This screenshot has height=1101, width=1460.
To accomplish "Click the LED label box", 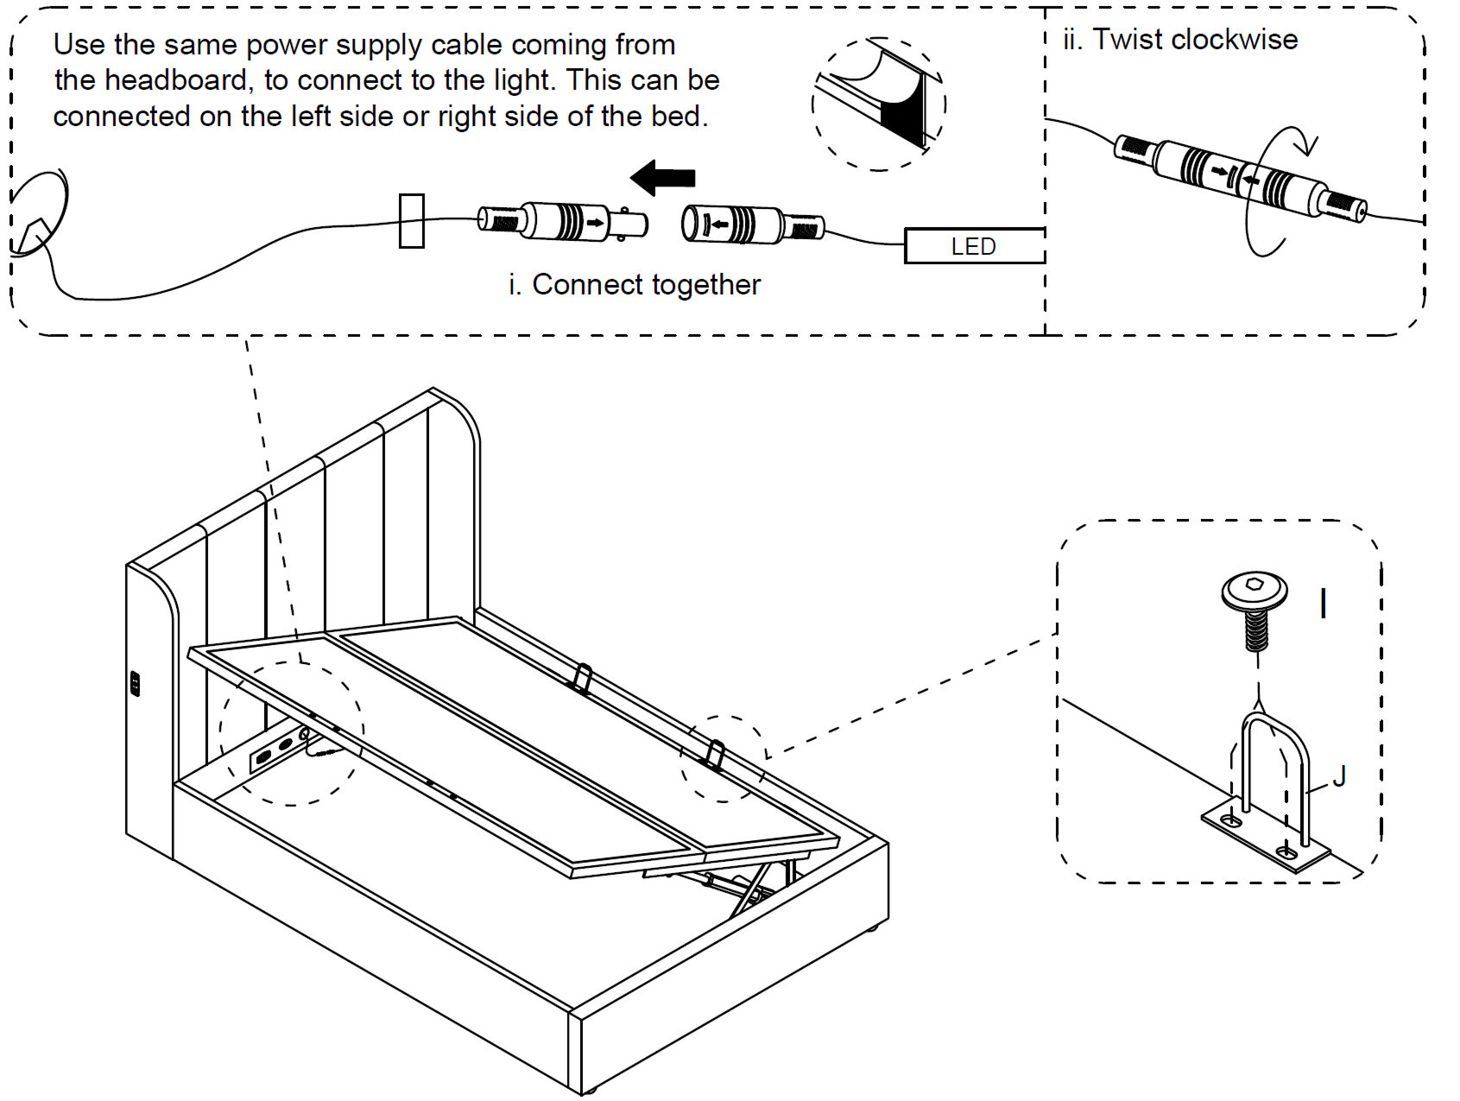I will pyautogui.click(x=974, y=246).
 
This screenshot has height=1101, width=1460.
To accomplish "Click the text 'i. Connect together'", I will pyautogui.click(x=635, y=284).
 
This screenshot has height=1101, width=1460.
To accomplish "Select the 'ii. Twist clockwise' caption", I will pyautogui.click(x=1180, y=40).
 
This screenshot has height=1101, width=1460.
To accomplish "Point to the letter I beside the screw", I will pyautogui.click(x=1323, y=604).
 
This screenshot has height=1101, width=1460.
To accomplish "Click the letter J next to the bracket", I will pyautogui.click(x=1339, y=776).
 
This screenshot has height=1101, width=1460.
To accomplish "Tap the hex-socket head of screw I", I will pyautogui.click(x=1255, y=589).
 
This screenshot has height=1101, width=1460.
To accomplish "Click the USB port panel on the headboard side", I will pyautogui.click(x=135, y=683).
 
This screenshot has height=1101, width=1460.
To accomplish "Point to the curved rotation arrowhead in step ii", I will pyautogui.click(x=1309, y=146).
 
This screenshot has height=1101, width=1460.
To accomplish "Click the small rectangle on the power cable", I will pyautogui.click(x=412, y=221).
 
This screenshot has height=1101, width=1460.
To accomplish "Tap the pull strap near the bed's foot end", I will pyautogui.click(x=715, y=753).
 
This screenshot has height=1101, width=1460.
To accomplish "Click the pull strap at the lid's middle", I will pyautogui.click(x=582, y=678).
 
